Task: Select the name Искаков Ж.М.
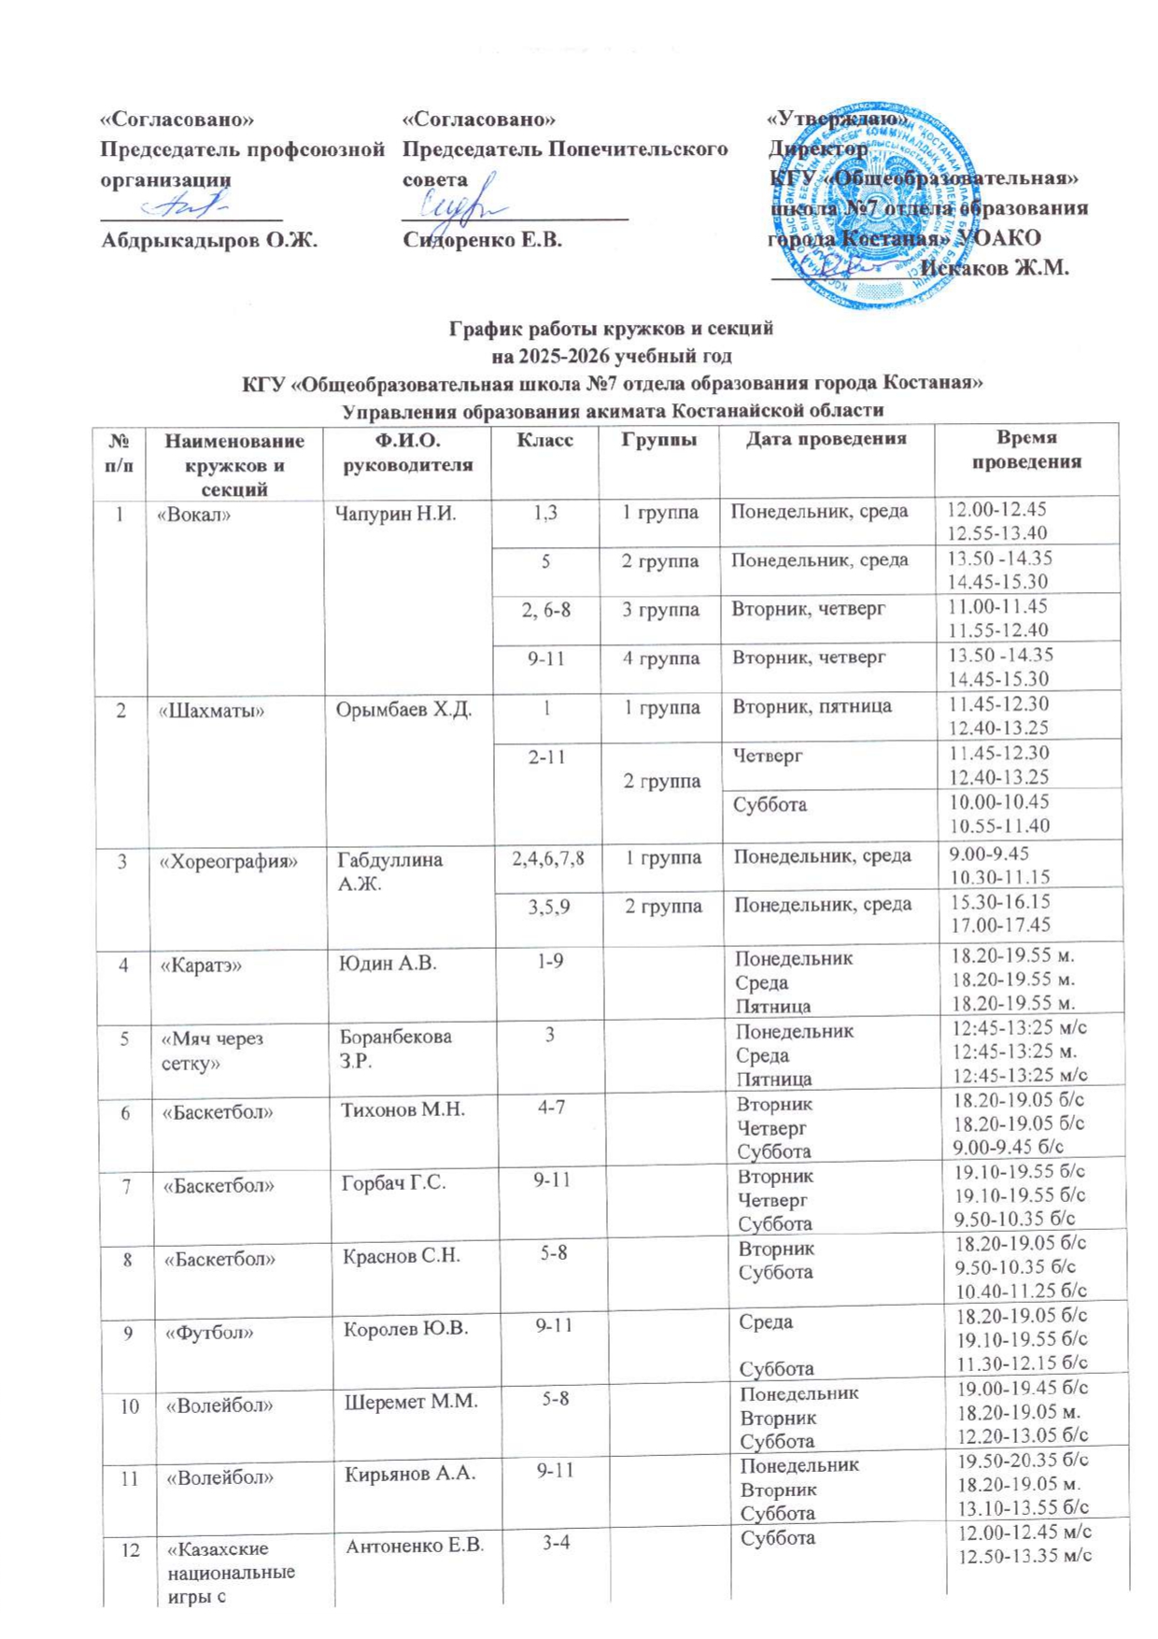coord(994,268)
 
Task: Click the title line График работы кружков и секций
coord(612,329)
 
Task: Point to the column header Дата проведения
coord(826,439)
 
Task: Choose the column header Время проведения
coord(1025,450)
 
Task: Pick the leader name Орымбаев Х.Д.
coord(403,710)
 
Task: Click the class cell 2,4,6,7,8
coord(547,857)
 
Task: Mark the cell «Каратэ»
coord(201,965)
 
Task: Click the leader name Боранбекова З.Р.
coord(395,1049)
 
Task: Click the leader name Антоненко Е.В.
coord(415,1547)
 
